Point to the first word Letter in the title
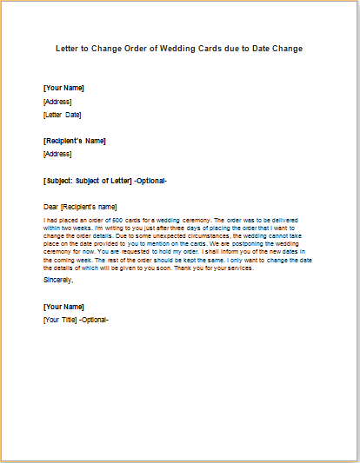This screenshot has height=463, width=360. pyautogui.click(x=70, y=49)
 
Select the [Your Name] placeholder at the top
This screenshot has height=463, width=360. pyautogui.click(x=63, y=89)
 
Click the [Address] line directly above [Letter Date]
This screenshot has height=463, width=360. pyautogui.click(x=57, y=102)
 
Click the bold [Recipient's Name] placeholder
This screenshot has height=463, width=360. pyautogui.click(x=75, y=141)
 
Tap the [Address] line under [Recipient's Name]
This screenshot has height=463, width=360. pyautogui.click(x=57, y=154)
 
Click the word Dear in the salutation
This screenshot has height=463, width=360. pyautogui.click(x=51, y=207)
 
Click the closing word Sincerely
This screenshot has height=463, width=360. pyautogui.click(x=58, y=280)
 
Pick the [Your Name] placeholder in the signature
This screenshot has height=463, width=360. pyautogui.click(x=63, y=307)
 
